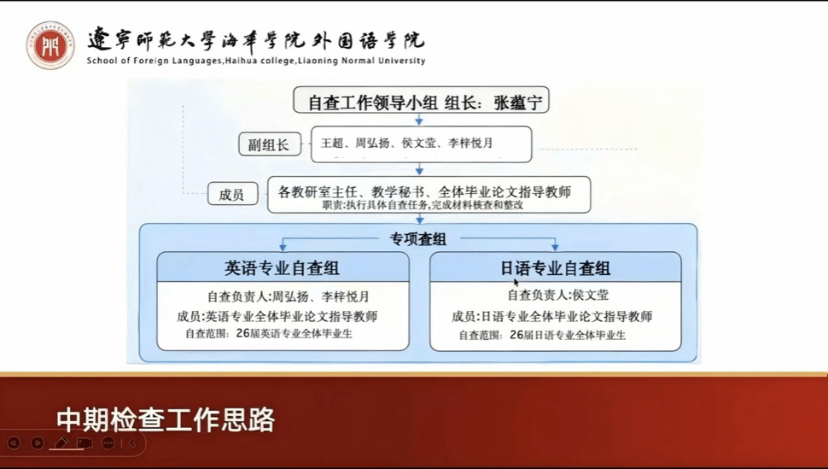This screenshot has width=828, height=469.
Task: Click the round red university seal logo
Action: click(x=50, y=45)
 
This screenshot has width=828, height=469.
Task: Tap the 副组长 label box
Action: click(x=269, y=144)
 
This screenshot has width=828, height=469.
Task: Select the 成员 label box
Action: click(x=232, y=194)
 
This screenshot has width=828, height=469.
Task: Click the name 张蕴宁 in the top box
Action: click(x=518, y=102)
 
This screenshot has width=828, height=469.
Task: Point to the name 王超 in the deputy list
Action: click(x=332, y=143)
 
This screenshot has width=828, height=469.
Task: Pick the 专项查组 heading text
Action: click(x=418, y=239)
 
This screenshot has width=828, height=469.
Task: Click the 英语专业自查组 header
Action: click(x=283, y=267)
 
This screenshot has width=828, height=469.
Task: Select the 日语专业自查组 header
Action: click(x=556, y=267)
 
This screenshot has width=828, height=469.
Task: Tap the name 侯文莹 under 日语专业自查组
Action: click(x=591, y=295)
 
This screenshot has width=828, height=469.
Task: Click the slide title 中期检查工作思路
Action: click(x=166, y=420)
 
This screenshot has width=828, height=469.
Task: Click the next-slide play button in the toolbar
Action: click(x=37, y=443)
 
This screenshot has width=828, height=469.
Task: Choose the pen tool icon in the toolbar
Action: click(x=61, y=443)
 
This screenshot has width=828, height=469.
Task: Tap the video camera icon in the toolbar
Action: click(x=85, y=443)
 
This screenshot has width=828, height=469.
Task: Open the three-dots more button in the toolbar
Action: click(x=108, y=443)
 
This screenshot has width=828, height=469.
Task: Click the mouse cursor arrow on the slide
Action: click(x=516, y=283)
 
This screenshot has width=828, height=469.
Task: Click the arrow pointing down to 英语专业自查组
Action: click(x=283, y=245)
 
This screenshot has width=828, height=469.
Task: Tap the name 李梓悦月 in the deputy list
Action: click(x=470, y=143)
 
